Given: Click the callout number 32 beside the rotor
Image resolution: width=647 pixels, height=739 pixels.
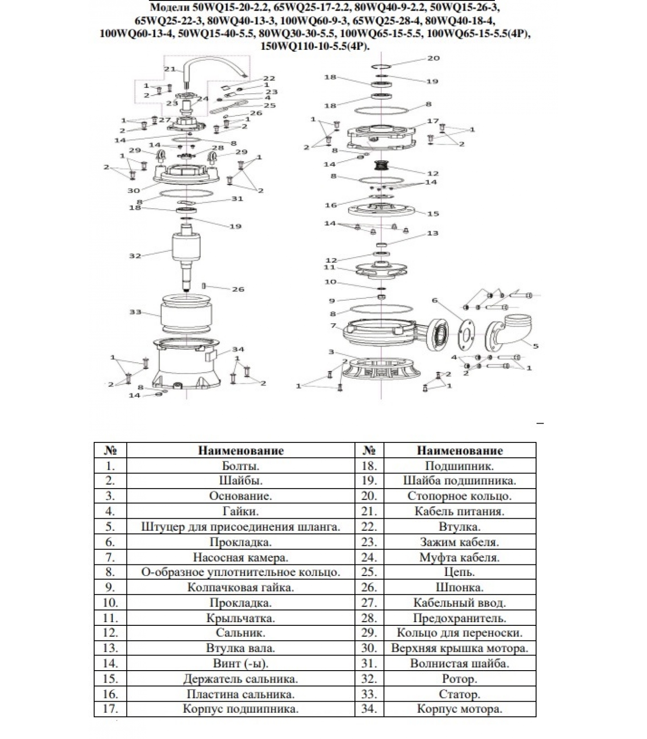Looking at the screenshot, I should [x=135, y=255].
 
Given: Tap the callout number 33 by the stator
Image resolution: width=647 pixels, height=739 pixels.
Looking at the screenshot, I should [x=135, y=312].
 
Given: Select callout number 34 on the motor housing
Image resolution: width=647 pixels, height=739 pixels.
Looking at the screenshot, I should [x=238, y=349].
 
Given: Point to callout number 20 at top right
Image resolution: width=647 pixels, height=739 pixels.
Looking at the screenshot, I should [x=433, y=58].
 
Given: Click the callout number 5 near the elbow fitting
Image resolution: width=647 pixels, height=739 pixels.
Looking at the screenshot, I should [x=536, y=346].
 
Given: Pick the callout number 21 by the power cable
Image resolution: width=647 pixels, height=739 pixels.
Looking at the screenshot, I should [x=170, y=69].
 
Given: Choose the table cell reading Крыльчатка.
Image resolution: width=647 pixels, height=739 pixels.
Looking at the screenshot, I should [x=240, y=618].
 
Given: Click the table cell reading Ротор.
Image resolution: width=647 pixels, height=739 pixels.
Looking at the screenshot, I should [x=459, y=679].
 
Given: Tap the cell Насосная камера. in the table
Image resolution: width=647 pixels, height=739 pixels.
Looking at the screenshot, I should [x=240, y=557].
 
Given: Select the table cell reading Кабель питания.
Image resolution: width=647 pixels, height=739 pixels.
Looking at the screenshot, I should [x=459, y=511].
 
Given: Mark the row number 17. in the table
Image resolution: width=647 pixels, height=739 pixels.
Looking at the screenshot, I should [x=110, y=709].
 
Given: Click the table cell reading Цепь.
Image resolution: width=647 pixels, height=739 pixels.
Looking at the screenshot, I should [x=459, y=572].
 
